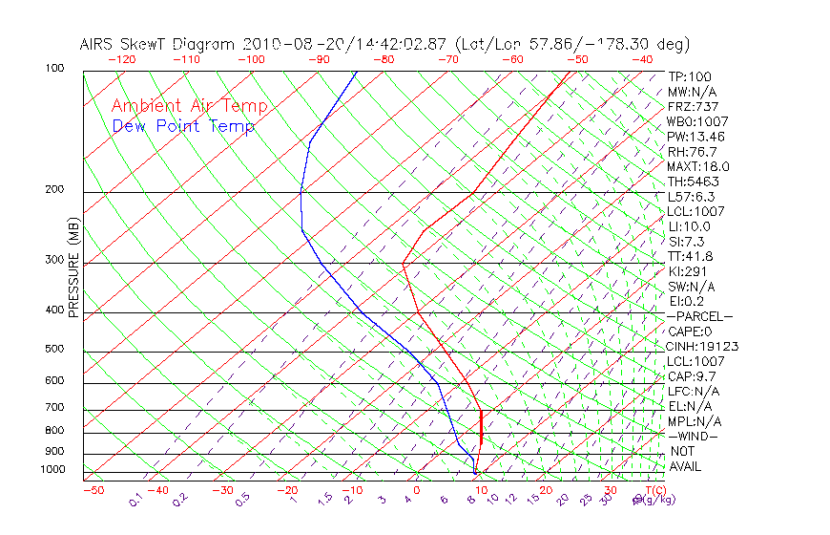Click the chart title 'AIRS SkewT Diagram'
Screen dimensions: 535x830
click(158, 44)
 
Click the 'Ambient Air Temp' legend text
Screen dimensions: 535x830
click(189, 106)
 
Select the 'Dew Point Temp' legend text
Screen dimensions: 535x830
click(183, 126)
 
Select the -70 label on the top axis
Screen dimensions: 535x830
click(447, 59)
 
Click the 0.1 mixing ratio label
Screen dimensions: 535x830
click(136, 500)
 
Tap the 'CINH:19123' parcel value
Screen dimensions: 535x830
click(703, 346)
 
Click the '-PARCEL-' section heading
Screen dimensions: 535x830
click(699, 316)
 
